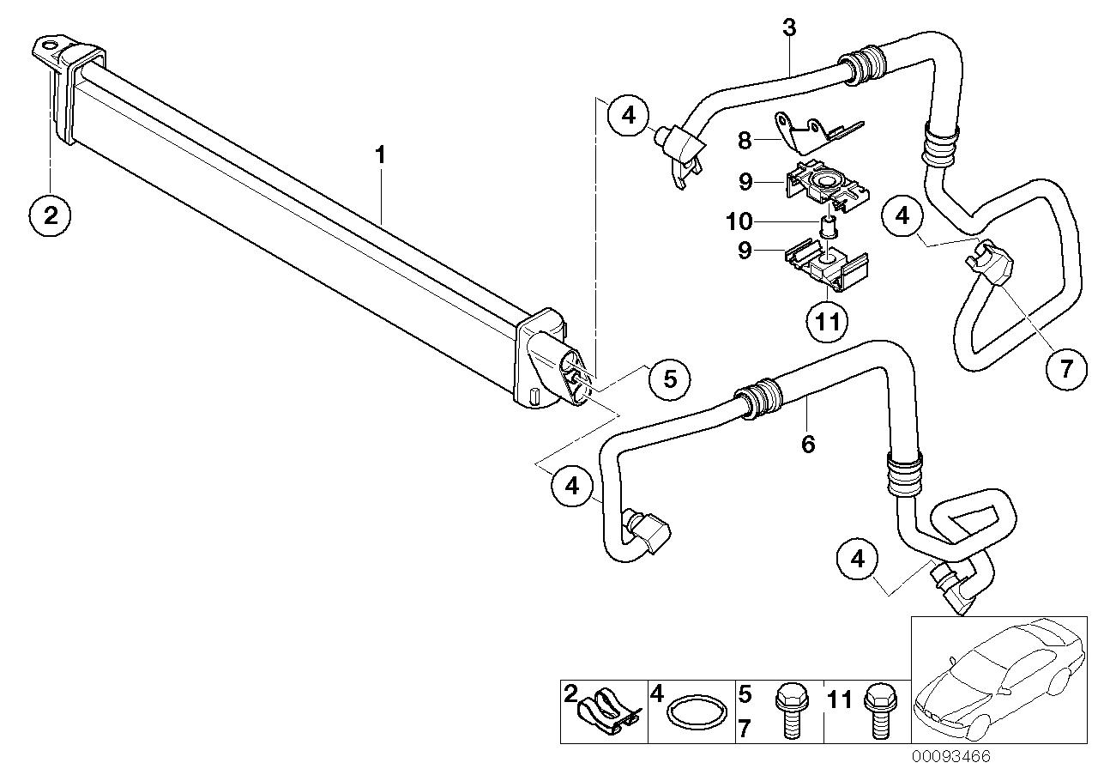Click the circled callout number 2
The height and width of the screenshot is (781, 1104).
[51, 215]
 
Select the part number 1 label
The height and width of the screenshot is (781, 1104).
[379, 156]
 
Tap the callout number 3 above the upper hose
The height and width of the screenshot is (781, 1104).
[789, 27]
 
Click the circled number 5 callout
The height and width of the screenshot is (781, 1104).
[670, 378]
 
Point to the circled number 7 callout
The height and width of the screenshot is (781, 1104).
[1066, 369]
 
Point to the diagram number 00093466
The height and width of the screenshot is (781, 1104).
[950, 757]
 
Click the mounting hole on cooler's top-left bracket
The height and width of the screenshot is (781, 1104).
[51, 45]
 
